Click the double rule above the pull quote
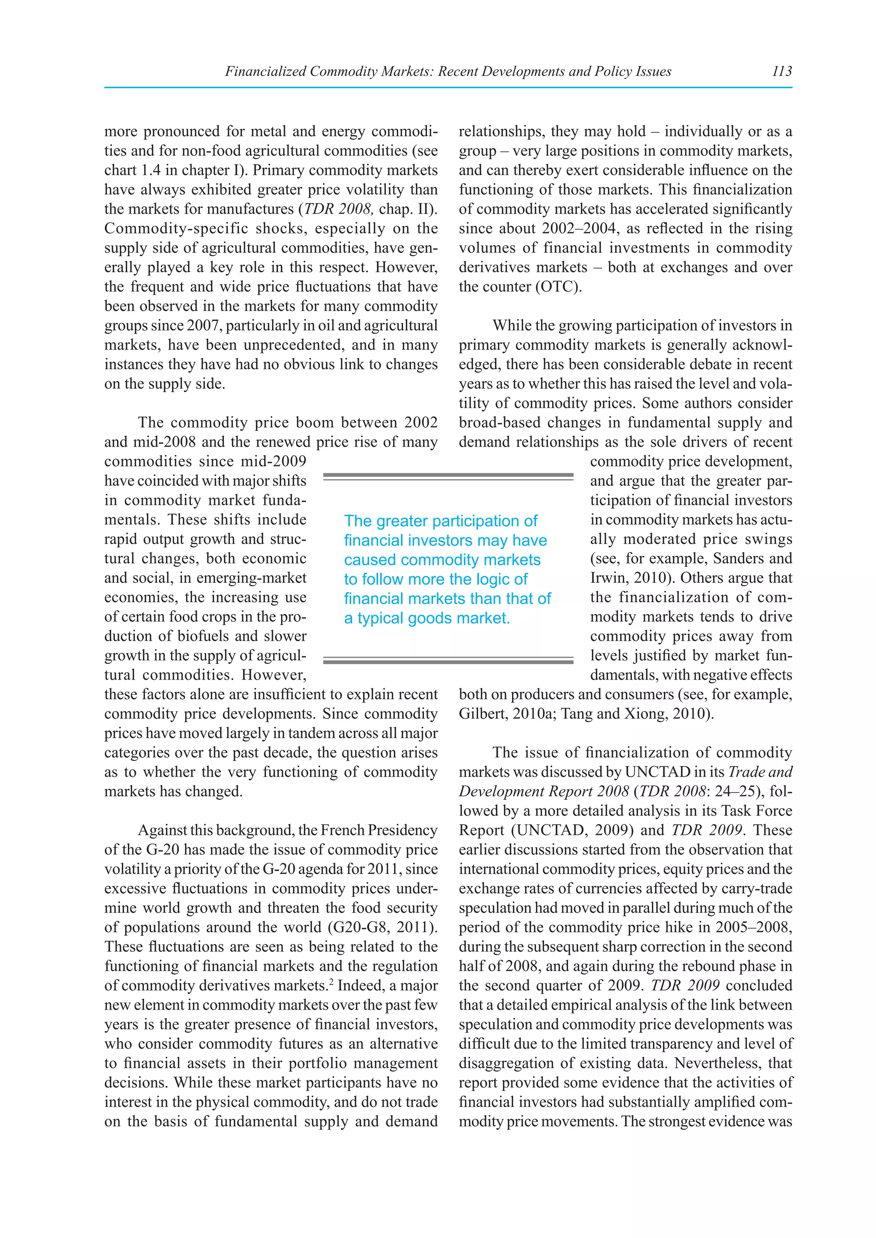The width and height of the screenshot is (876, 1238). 448,476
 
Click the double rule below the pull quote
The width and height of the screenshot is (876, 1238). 448,660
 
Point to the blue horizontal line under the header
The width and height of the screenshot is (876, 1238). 448,87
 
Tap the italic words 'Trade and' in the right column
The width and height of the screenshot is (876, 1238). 760,772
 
